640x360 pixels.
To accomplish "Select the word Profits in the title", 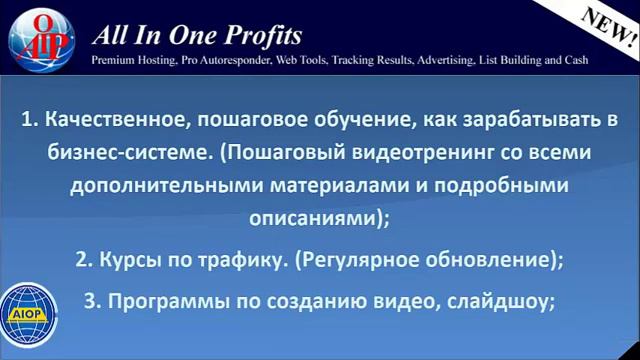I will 263,37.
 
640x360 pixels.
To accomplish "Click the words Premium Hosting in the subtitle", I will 130,60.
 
